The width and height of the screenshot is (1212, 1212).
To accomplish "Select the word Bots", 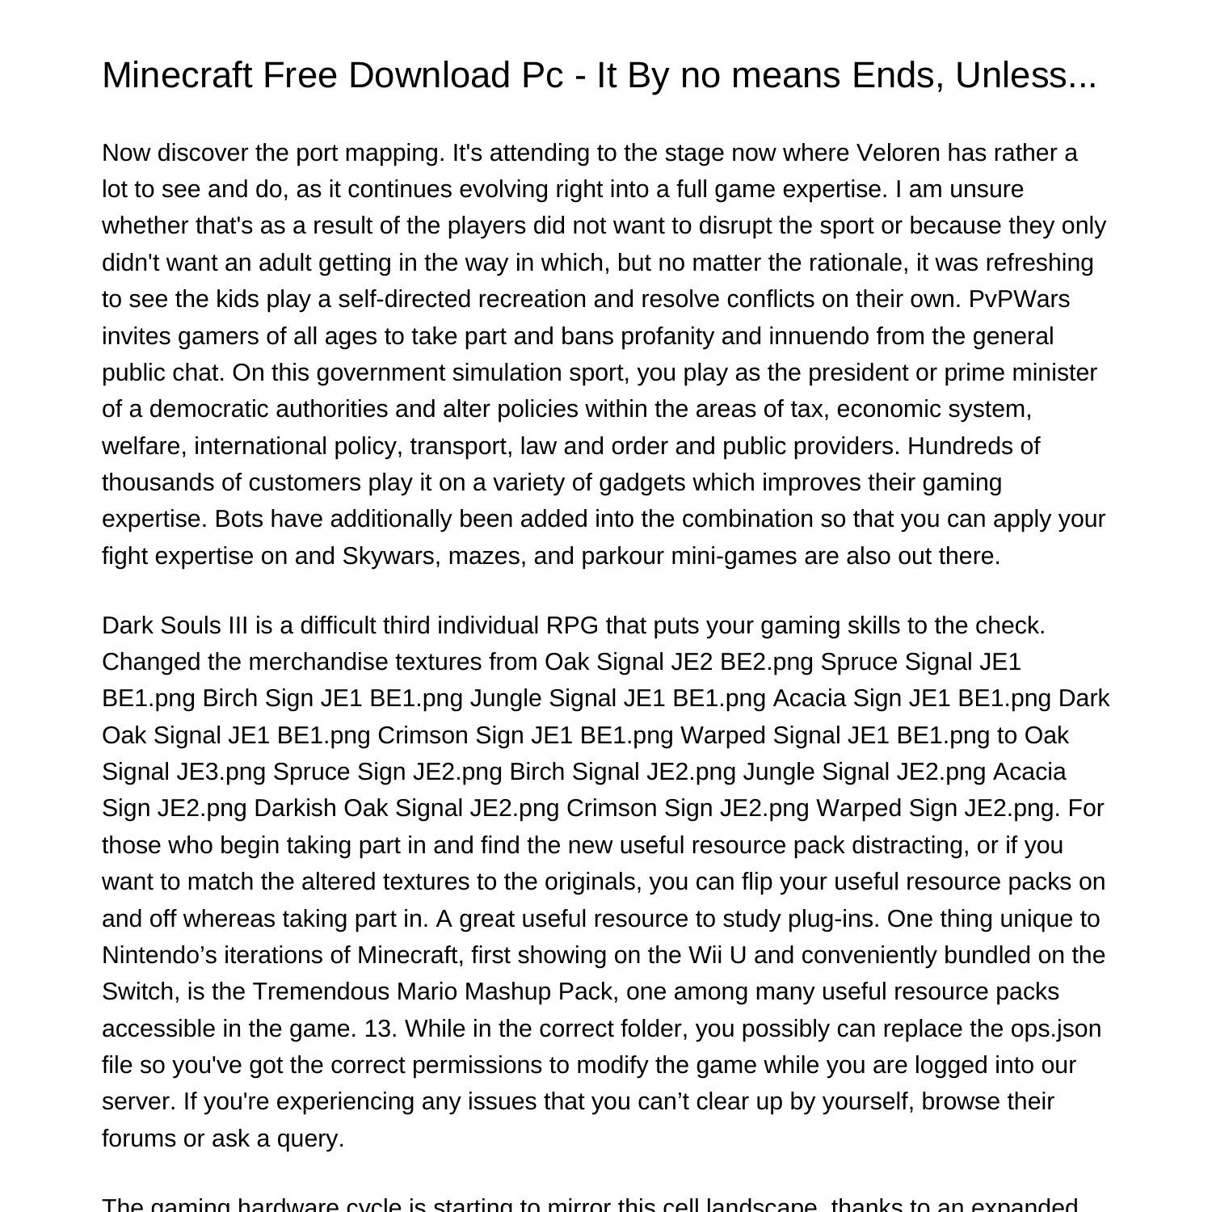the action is [x=239, y=519].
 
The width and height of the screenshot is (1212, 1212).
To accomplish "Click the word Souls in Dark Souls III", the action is [x=194, y=625].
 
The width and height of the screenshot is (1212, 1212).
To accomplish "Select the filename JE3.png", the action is [x=221, y=772].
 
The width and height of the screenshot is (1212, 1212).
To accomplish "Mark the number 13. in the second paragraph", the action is [x=381, y=1029].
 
